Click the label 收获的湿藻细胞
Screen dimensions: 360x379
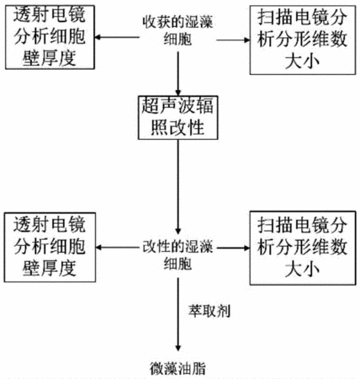point(177,30)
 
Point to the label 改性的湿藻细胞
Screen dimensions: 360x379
point(177,255)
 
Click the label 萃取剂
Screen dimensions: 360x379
point(209,311)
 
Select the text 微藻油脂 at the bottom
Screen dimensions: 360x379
point(177,369)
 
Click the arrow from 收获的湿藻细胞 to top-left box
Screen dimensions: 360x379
point(117,37)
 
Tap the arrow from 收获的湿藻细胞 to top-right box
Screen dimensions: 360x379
point(233,40)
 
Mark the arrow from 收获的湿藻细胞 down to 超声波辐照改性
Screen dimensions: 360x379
point(177,74)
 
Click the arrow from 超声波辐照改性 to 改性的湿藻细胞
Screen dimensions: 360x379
point(177,187)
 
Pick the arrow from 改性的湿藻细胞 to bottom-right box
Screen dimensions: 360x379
point(233,248)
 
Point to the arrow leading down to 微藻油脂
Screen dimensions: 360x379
point(177,314)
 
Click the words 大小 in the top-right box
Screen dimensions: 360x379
point(302,61)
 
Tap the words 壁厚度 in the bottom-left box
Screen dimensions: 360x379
point(50,268)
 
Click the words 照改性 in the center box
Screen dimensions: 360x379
point(177,128)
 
